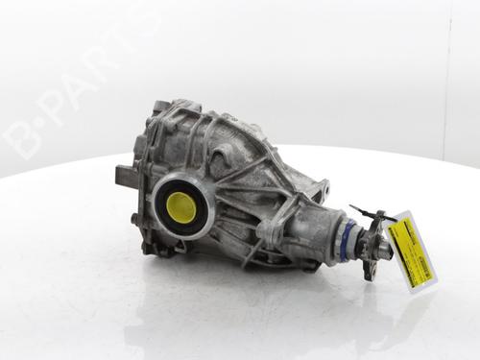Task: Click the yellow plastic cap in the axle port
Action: (x=180, y=205)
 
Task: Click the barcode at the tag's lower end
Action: (x=419, y=270)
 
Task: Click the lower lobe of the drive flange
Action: (x=369, y=269)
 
